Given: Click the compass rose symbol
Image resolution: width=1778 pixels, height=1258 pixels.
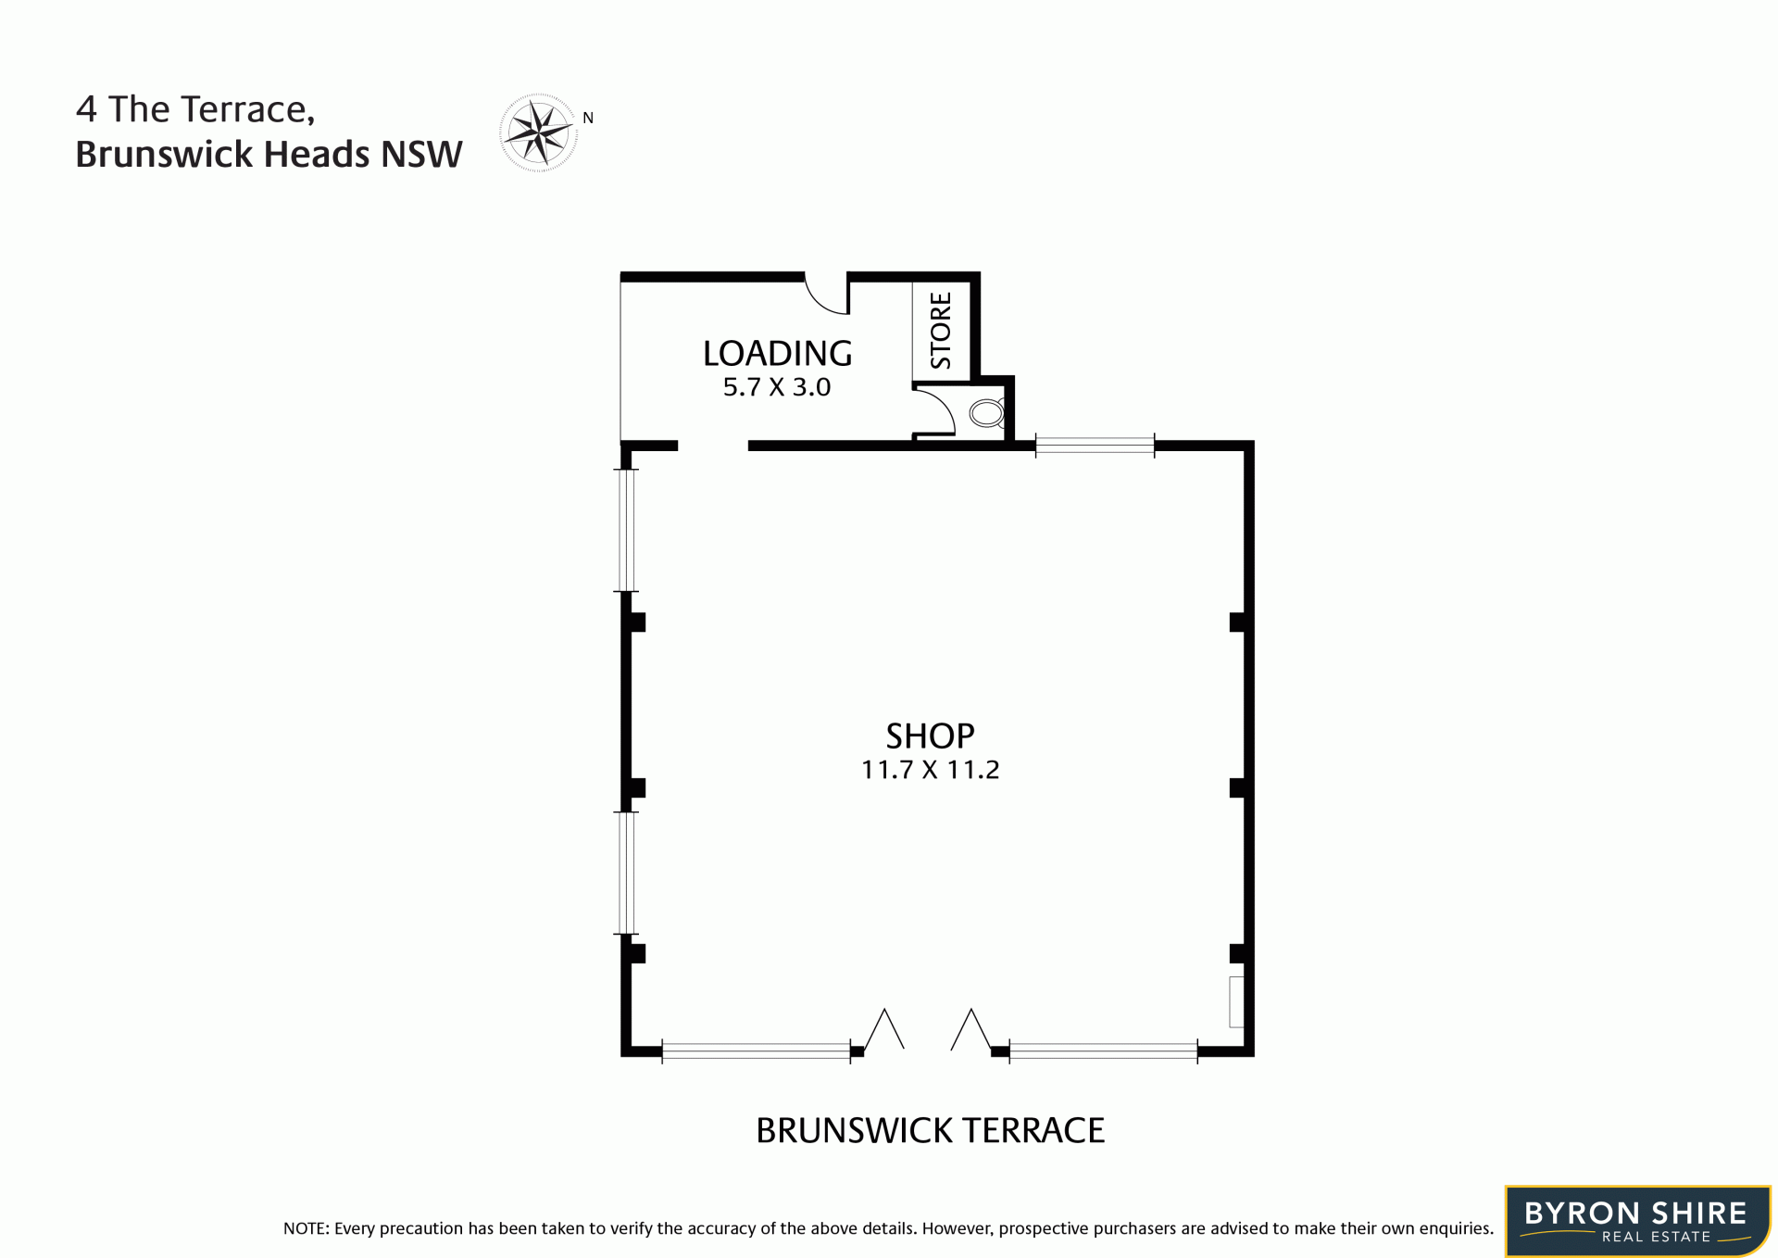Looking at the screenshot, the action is tap(538, 132).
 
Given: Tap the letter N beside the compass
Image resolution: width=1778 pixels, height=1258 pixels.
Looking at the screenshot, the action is tap(588, 118).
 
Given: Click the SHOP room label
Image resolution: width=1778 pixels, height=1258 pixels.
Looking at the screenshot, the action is tap(930, 736).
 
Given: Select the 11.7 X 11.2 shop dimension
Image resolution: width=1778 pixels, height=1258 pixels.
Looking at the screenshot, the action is tap(930, 770).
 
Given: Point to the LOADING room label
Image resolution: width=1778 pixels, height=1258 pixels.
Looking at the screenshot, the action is tap(777, 353).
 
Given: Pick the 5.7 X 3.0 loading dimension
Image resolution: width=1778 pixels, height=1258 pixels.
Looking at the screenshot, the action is tap(777, 387).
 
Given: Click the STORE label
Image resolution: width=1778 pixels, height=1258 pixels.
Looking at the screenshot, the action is tap(941, 330).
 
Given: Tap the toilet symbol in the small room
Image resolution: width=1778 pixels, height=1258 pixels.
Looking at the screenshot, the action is tap(987, 413).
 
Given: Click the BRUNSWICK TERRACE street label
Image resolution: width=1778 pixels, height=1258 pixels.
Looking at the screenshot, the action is tap(930, 1130).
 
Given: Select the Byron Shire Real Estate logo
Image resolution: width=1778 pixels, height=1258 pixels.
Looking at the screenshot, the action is tap(1637, 1221).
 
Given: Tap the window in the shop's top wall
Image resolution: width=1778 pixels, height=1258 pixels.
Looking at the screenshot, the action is tap(1095, 446).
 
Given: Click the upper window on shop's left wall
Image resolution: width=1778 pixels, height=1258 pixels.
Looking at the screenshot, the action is tap(627, 530).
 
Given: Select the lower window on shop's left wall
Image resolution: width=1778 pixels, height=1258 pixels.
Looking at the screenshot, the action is tap(627, 873).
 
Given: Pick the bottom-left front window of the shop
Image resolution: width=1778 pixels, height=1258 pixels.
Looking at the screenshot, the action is tap(756, 1050).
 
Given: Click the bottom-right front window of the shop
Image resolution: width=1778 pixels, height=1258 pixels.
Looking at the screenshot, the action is tap(1103, 1050).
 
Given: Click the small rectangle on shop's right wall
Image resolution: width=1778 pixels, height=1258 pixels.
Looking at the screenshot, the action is tap(1236, 1001).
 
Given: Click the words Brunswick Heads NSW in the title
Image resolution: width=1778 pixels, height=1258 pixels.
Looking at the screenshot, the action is tap(269, 154).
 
